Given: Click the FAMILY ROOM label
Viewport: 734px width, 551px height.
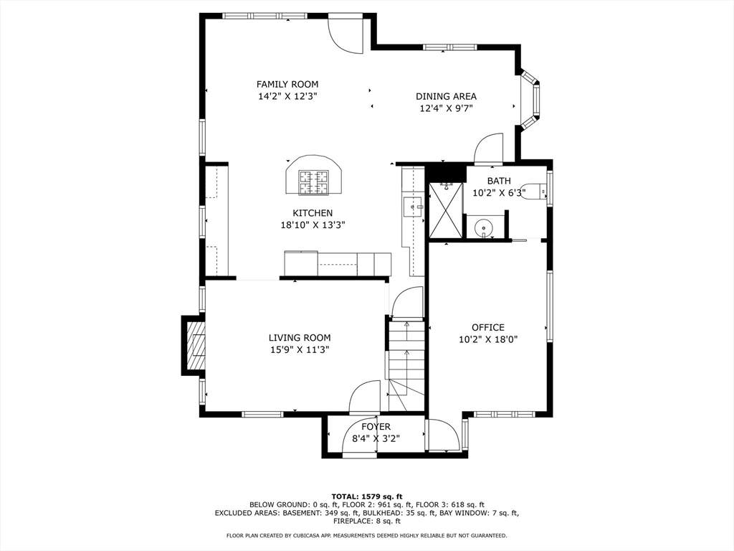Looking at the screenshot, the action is click(x=287, y=85).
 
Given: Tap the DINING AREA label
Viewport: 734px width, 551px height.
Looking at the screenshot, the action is click(x=446, y=97).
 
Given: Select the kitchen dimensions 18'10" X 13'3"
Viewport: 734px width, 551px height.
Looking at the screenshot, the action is click(x=313, y=225).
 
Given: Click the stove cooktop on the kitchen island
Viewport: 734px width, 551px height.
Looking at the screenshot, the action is click(x=314, y=182).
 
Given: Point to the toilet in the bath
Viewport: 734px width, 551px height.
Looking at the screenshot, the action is click(x=533, y=191).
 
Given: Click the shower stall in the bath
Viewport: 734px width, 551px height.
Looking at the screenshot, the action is click(x=446, y=210).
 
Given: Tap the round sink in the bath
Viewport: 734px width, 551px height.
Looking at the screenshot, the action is click(x=485, y=229).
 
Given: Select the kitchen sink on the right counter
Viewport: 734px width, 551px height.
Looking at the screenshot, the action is click(x=414, y=207).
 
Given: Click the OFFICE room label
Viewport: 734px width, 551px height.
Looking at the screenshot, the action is click(x=487, y=327).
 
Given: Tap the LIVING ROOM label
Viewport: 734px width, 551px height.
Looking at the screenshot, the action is click(x=300, y=337).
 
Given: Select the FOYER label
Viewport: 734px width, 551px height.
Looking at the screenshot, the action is click(x=376, y=427).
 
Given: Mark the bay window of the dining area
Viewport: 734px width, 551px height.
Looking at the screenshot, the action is click(x=531, y=100).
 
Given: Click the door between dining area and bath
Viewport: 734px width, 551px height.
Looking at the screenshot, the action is click(x=488, y=149).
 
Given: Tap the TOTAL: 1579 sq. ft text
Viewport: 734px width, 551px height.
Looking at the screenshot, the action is click(x=367, y=496).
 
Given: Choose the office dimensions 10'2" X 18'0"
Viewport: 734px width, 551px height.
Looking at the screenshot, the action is click(x=487, y=339).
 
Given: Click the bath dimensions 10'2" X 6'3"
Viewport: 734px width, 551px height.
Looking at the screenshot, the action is click(x=499, y=192).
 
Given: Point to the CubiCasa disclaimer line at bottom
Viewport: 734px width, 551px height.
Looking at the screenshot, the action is click(x=366, y=535).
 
